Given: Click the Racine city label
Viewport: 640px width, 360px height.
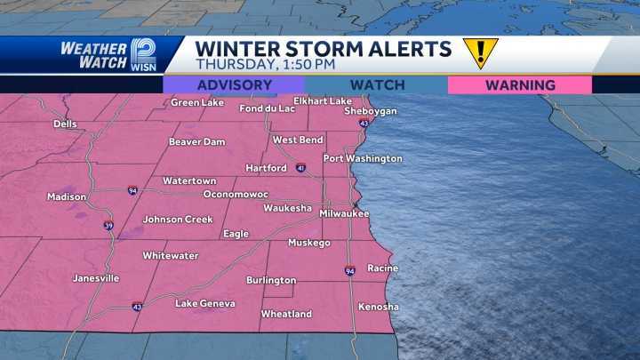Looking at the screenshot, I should click(382, 268).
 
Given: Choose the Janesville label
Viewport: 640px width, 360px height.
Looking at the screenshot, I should click(96, 278).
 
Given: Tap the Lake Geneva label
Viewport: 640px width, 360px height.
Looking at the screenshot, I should click(205, 304).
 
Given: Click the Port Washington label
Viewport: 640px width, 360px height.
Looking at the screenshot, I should click(363, 159).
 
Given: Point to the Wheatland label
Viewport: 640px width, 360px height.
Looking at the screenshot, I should click(286, 314).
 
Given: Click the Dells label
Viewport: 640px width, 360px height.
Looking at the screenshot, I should click(64, 124).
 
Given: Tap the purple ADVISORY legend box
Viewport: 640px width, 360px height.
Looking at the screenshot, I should click(234, 85).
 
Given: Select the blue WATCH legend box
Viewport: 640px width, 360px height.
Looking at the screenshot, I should click(377, 85).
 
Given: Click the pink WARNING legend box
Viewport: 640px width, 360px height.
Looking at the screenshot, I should click(520, 85).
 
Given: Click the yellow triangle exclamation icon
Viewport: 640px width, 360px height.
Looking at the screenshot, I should click(480, 52).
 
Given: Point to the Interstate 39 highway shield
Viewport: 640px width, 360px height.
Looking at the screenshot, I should click(108, 225).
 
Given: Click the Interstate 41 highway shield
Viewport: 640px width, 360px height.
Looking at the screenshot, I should click(301, 167).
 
